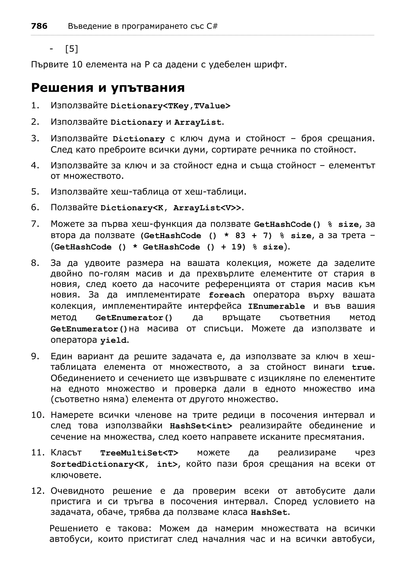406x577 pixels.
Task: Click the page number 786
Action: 39,26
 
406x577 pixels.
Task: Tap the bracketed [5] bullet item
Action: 71,49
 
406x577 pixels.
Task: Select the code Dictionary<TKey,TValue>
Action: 170,106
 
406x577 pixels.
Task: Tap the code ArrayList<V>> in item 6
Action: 207,208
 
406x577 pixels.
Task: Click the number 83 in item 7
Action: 240,235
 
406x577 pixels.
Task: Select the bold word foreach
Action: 227,295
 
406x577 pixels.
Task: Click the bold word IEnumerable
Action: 276,306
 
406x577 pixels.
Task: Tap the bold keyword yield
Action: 113,340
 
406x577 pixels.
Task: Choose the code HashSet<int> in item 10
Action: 201,426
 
